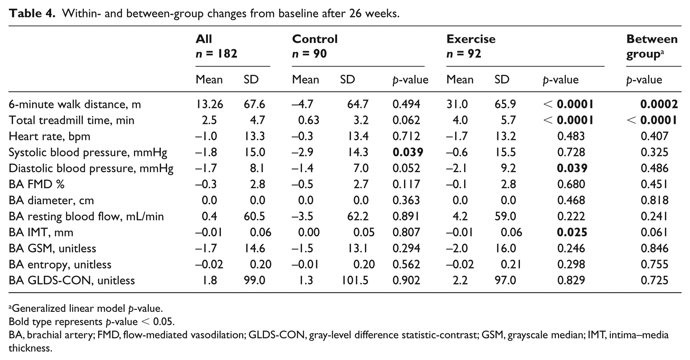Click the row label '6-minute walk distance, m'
(x=75, y=105)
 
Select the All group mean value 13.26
(x=210, y=104)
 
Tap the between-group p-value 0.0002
(x=659, y=104)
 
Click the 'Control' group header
(x=315, y=39)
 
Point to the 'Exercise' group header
(x=471, y=39)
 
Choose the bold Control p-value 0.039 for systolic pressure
(x=408, y=152)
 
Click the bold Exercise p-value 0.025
(x=572, y=232)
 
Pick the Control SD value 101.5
(x=355, y=280)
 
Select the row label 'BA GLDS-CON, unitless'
(x=72, y=280)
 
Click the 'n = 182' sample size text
(x=217, y=53)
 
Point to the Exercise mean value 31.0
(x=457, y=104)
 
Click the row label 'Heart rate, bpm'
(x=49, y=137)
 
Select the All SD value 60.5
(x=254, y=216)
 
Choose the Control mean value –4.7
(x=303, y=104)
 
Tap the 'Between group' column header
(x=652, y=46)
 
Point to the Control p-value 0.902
(x=406, y=280)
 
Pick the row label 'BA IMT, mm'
(x=41, y=233)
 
